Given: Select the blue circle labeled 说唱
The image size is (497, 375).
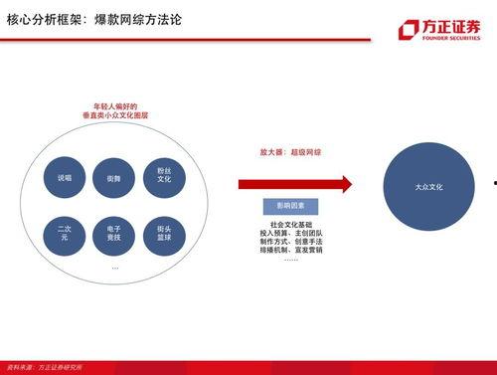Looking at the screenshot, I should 65,178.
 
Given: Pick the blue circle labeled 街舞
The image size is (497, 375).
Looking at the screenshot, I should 114,178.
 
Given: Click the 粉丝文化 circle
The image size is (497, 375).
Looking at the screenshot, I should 164,176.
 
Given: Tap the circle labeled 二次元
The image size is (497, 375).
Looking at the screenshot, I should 65,235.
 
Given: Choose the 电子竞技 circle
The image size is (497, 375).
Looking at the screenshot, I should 114,235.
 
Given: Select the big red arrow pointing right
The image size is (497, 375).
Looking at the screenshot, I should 295,184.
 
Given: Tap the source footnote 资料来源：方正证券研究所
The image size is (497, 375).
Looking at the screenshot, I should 44,369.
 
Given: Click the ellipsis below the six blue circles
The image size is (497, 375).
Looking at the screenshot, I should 114,267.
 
